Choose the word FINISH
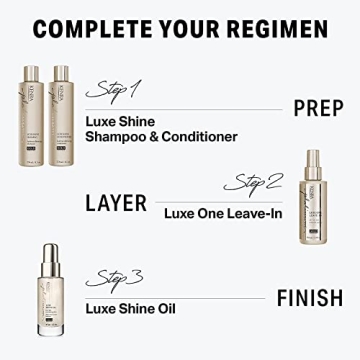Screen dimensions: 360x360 click(310, 296)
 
